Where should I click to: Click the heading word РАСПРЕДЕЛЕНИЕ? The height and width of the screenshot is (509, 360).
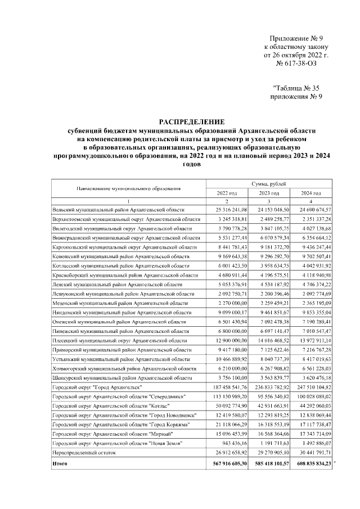coord(191,121)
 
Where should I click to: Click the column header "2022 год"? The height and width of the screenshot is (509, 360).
coord(227,193)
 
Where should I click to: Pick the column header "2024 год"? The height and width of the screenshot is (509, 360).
coord(312,193)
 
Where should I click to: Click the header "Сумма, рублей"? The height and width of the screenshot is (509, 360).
coord(269,183)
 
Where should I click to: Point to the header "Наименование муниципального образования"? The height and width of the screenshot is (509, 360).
coord(128,188)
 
